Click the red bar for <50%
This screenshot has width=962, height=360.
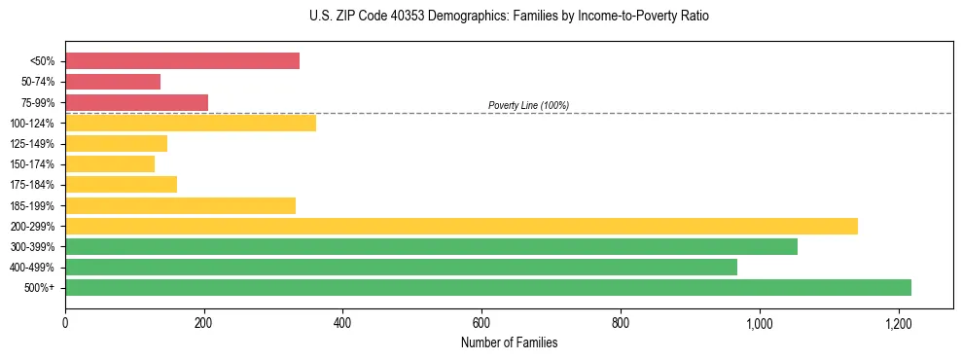pos(182,61)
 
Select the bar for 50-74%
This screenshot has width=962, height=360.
pos(113,82)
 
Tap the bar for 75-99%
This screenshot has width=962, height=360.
pos(136,102)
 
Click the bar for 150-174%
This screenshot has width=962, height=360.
pos(110,164)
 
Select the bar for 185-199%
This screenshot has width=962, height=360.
pos(180,205)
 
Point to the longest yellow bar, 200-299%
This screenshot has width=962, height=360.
pos(461,226)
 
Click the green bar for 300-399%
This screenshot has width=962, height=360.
pos(431,247)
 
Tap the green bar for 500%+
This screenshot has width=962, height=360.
pos(488,288)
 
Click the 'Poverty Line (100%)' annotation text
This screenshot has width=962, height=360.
pos(528,105)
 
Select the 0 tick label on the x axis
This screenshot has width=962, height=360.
pos(65,323)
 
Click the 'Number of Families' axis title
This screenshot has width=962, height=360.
pos(509,342)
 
